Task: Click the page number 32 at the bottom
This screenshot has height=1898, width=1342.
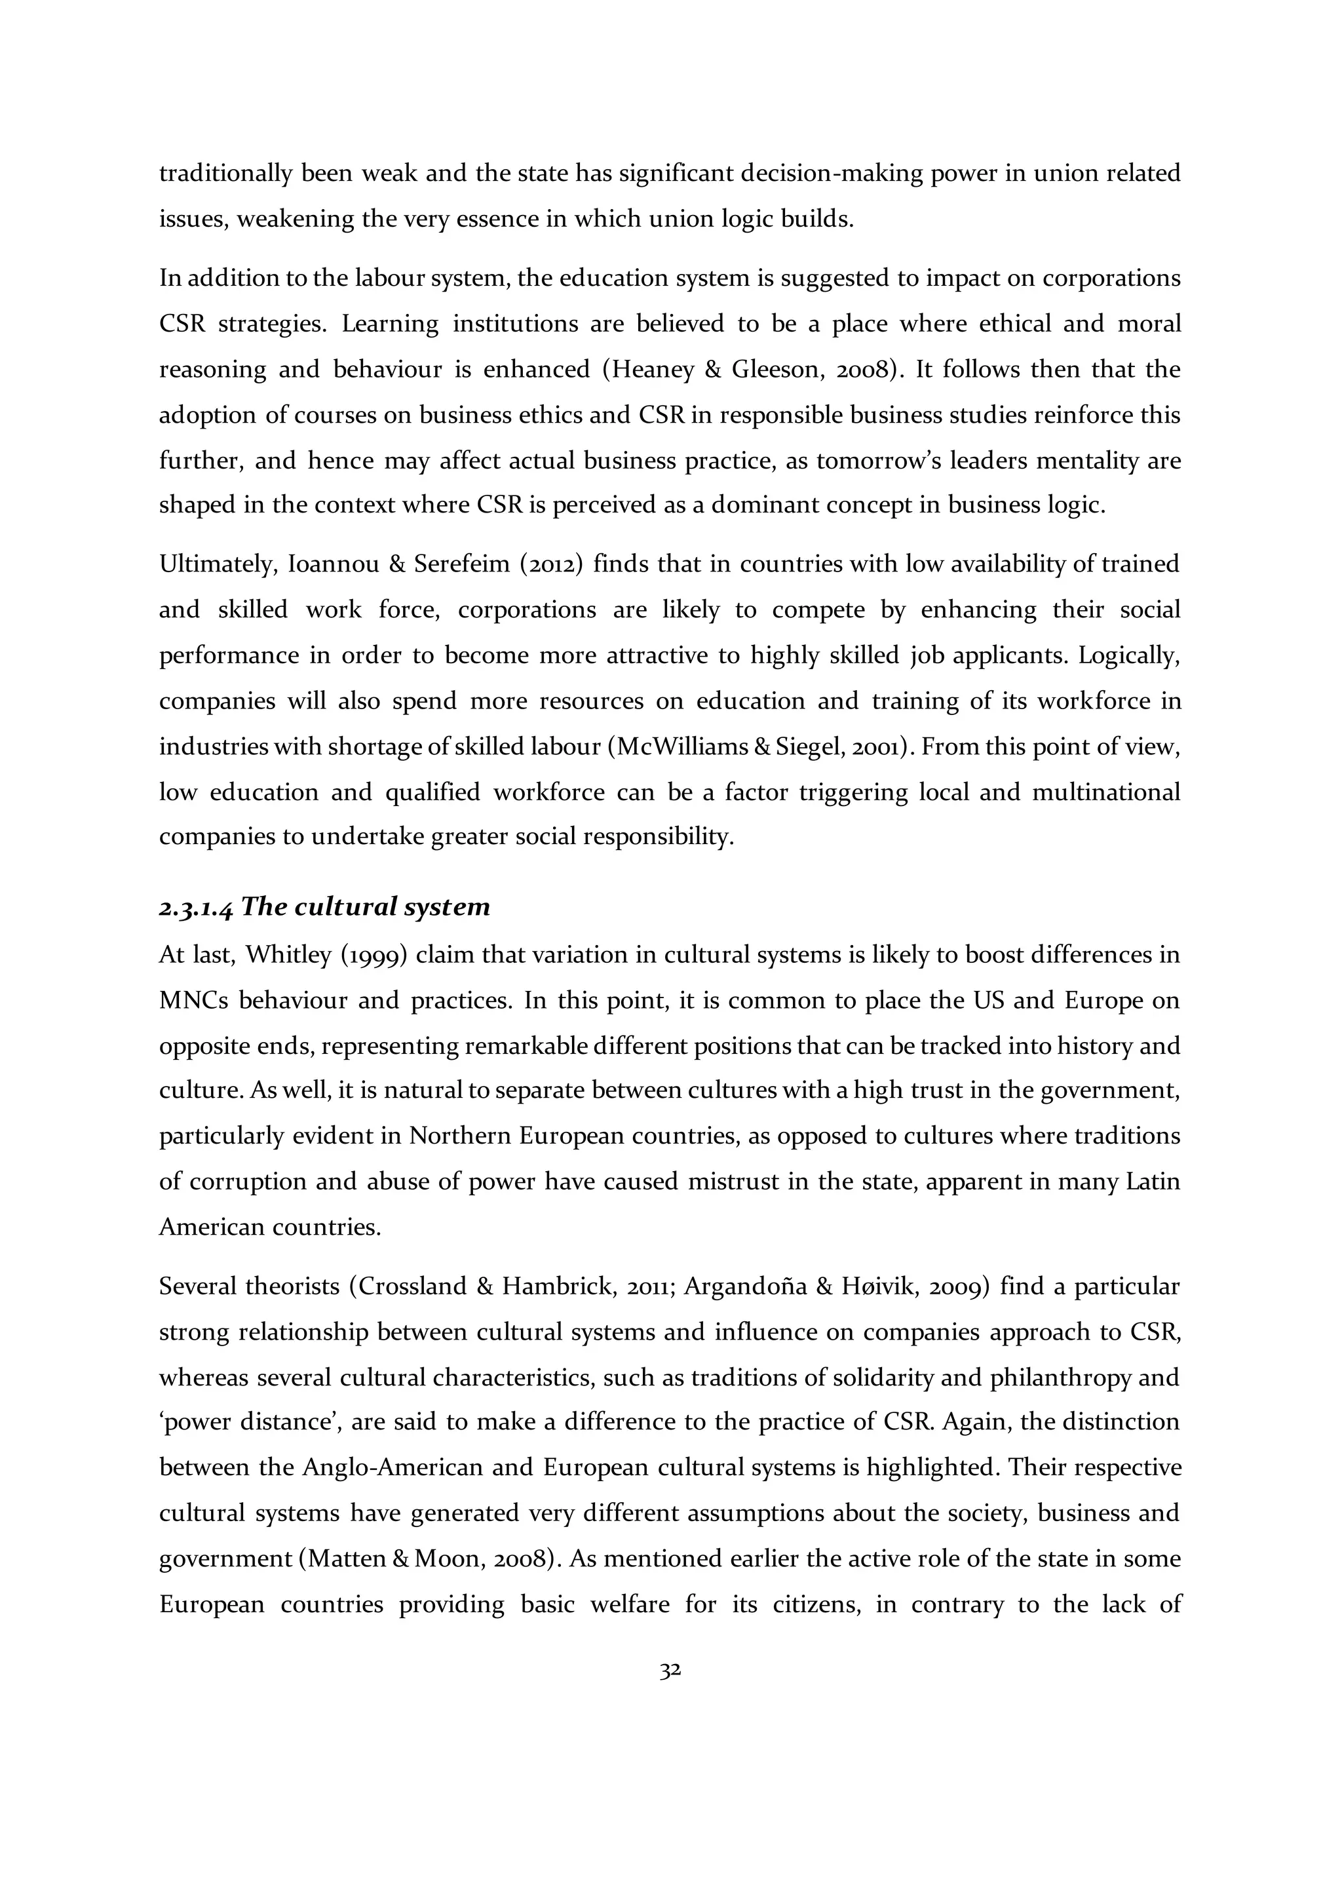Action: tap(670, 1671)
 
